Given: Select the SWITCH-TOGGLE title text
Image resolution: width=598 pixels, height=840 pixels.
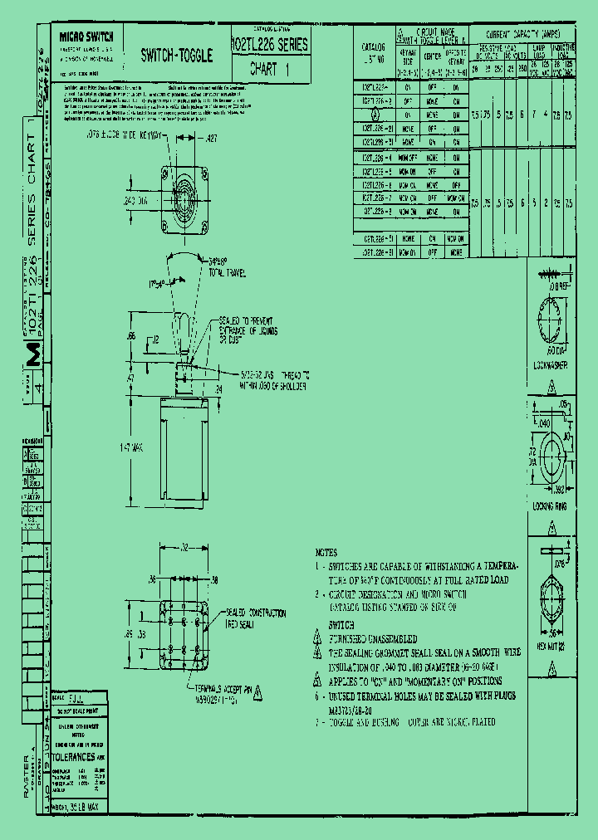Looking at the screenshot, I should (x=176, y=56).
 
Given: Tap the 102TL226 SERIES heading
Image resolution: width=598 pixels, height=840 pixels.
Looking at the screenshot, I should (x=270, y=45).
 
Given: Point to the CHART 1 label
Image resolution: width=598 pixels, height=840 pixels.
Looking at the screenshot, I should (x=269, y=71).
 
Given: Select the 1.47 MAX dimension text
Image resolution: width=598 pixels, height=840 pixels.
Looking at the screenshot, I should (x=131, y=447).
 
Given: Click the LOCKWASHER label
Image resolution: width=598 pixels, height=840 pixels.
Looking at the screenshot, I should (x=550, y=365).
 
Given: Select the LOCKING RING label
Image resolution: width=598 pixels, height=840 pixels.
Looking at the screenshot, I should (x=550, y=505).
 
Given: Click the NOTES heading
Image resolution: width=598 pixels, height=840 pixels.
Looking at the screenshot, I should (x=326, y=552).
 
